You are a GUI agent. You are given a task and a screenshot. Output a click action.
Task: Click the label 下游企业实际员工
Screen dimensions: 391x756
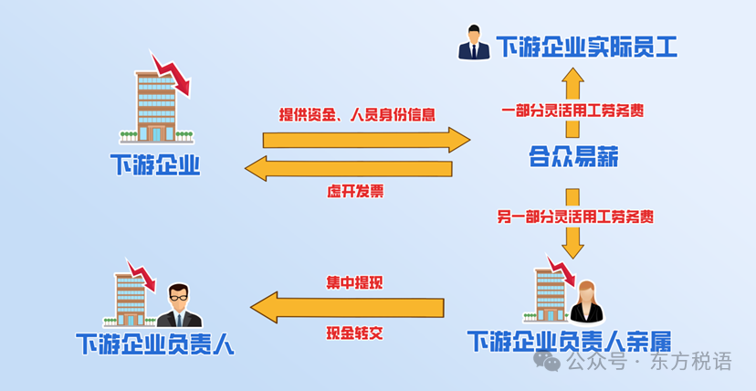[586, 47]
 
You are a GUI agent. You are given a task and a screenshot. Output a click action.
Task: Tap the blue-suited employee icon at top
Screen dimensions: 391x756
[474, 44]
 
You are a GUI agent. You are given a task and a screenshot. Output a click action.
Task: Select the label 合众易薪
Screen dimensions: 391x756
[573, 158]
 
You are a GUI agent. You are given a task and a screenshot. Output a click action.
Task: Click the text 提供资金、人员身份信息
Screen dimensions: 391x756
[357, 115]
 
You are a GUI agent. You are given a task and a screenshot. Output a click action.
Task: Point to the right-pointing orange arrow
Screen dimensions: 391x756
[365, 140]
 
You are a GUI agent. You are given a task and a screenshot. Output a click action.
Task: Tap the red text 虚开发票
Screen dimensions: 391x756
[355, 192]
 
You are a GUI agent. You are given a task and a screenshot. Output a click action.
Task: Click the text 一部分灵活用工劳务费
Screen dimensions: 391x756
[573, 111]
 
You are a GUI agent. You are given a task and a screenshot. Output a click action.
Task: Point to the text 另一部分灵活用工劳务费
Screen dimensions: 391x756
[574, 217]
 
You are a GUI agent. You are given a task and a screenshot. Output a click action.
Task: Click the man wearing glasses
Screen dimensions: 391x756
[179, 305]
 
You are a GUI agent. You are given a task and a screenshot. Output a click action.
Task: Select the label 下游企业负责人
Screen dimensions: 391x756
[155, 343]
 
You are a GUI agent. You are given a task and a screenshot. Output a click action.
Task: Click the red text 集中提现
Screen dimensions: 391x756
[354, 281]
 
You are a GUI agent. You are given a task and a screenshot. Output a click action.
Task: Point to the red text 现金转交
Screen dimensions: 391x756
[354, 333]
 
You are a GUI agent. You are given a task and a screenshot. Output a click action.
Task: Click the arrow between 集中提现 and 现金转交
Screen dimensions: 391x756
[347, 308]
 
